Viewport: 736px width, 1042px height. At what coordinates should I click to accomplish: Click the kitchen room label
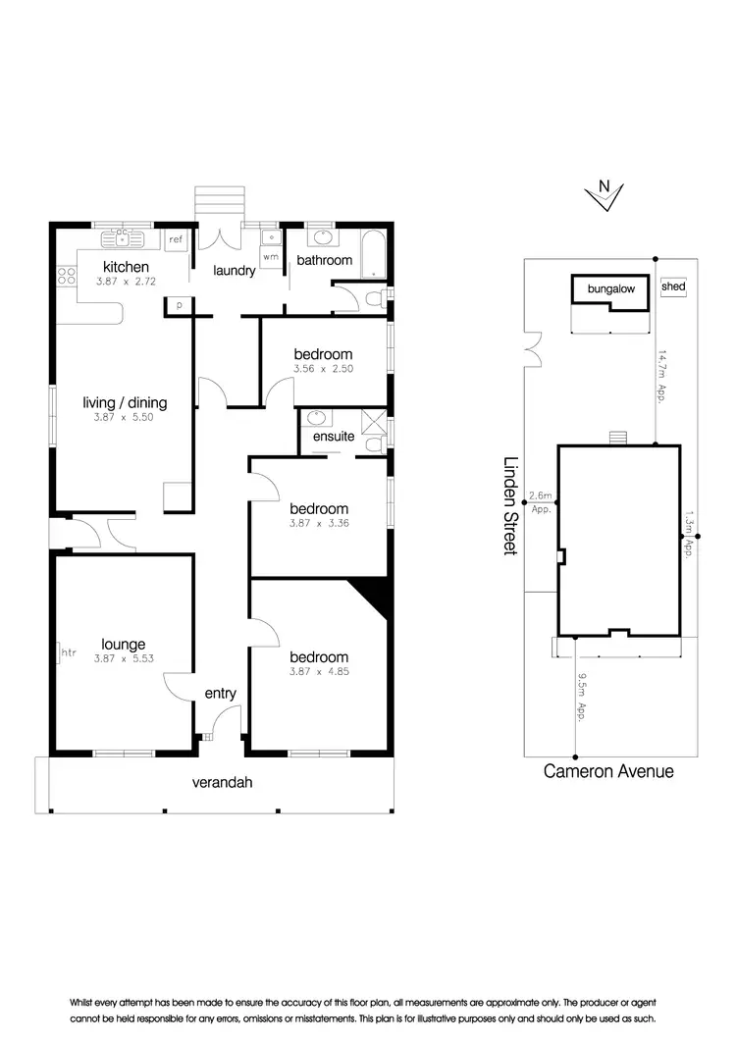pos(127,267)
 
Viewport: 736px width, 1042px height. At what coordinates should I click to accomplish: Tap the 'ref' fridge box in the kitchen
pos(176,239)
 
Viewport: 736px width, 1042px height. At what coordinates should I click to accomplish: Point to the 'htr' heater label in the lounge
pos(68,651)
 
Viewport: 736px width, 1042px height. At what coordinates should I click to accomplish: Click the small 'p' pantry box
pos(180,306)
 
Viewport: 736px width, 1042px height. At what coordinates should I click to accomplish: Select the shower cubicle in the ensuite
pos(373,423)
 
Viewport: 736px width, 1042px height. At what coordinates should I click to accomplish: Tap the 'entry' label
pos(220,694)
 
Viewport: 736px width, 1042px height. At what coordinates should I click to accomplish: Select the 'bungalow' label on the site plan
pos(610,289)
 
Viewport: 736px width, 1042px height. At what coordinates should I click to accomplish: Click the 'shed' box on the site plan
pos(673,287)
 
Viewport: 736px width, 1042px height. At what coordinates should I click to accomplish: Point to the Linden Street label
pos(509,505)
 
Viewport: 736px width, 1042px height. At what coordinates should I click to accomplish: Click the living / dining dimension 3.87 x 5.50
pos(125,416)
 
